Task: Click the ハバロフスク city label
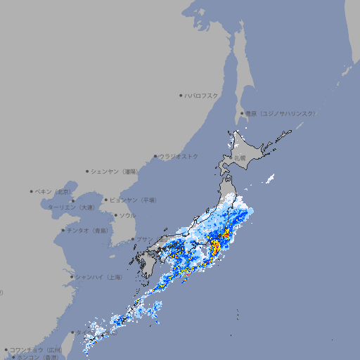coord(202,95)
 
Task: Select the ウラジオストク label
coord(179,156)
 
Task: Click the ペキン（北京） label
coord(54,191)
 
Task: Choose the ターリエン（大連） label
coord(71,207)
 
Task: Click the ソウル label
coord(127,216)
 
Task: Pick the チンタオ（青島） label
coord(87,231)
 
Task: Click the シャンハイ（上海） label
coord(98,277)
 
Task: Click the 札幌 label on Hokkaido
coord(240,157)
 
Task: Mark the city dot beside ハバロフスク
coord(181,95)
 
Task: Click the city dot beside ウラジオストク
coord(155,156)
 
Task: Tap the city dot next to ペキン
coord(32,191)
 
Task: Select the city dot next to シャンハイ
coord(72,277)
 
